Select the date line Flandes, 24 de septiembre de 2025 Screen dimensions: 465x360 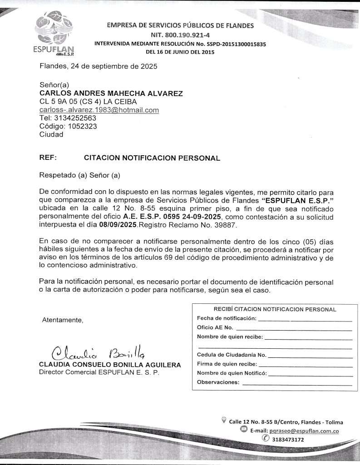tap(99, 66)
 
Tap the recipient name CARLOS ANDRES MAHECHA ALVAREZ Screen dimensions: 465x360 tap(111, 94)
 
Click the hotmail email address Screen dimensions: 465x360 tap(99, 110)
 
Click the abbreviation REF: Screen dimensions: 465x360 tap(48, 158)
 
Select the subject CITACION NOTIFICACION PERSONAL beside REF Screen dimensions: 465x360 tap(152, 158)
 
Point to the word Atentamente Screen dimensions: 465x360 tap(63, 320)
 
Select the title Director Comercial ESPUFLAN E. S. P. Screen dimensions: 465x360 tap(99, 372)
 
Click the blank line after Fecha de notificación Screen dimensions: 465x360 tap(305, 320)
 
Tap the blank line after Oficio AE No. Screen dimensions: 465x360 tap(294, 328)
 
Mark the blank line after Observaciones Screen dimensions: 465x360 tap(297, 384)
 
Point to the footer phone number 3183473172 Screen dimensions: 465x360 tap(288, 440)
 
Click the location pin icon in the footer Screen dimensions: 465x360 tap(223, 420)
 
